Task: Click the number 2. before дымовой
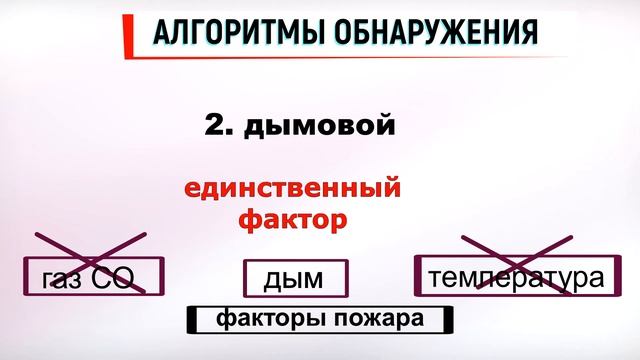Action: [x=219, y=126]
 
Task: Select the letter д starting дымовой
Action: [x=255, y=127]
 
